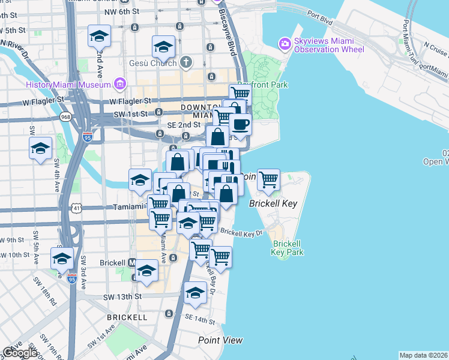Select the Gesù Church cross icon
click(x=186, y=62)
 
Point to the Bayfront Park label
click(x=262, y=85)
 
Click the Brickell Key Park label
click(x=287, y=248)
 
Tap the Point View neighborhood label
click(x=220, y=340)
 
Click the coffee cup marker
click(x=241, y=125)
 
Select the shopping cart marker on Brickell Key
click(x=268, y=179)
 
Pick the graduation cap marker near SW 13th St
click(x=195, y=292)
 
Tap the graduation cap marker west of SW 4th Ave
click(x=40, y=148)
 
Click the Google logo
click(x=19, y=353)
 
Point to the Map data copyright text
click(x=423, y=355)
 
